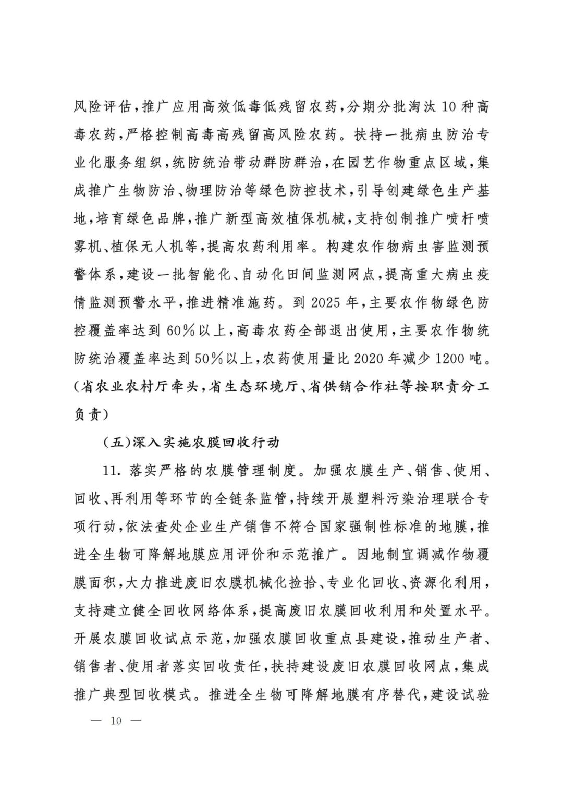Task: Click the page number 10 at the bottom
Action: pos(115,721)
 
